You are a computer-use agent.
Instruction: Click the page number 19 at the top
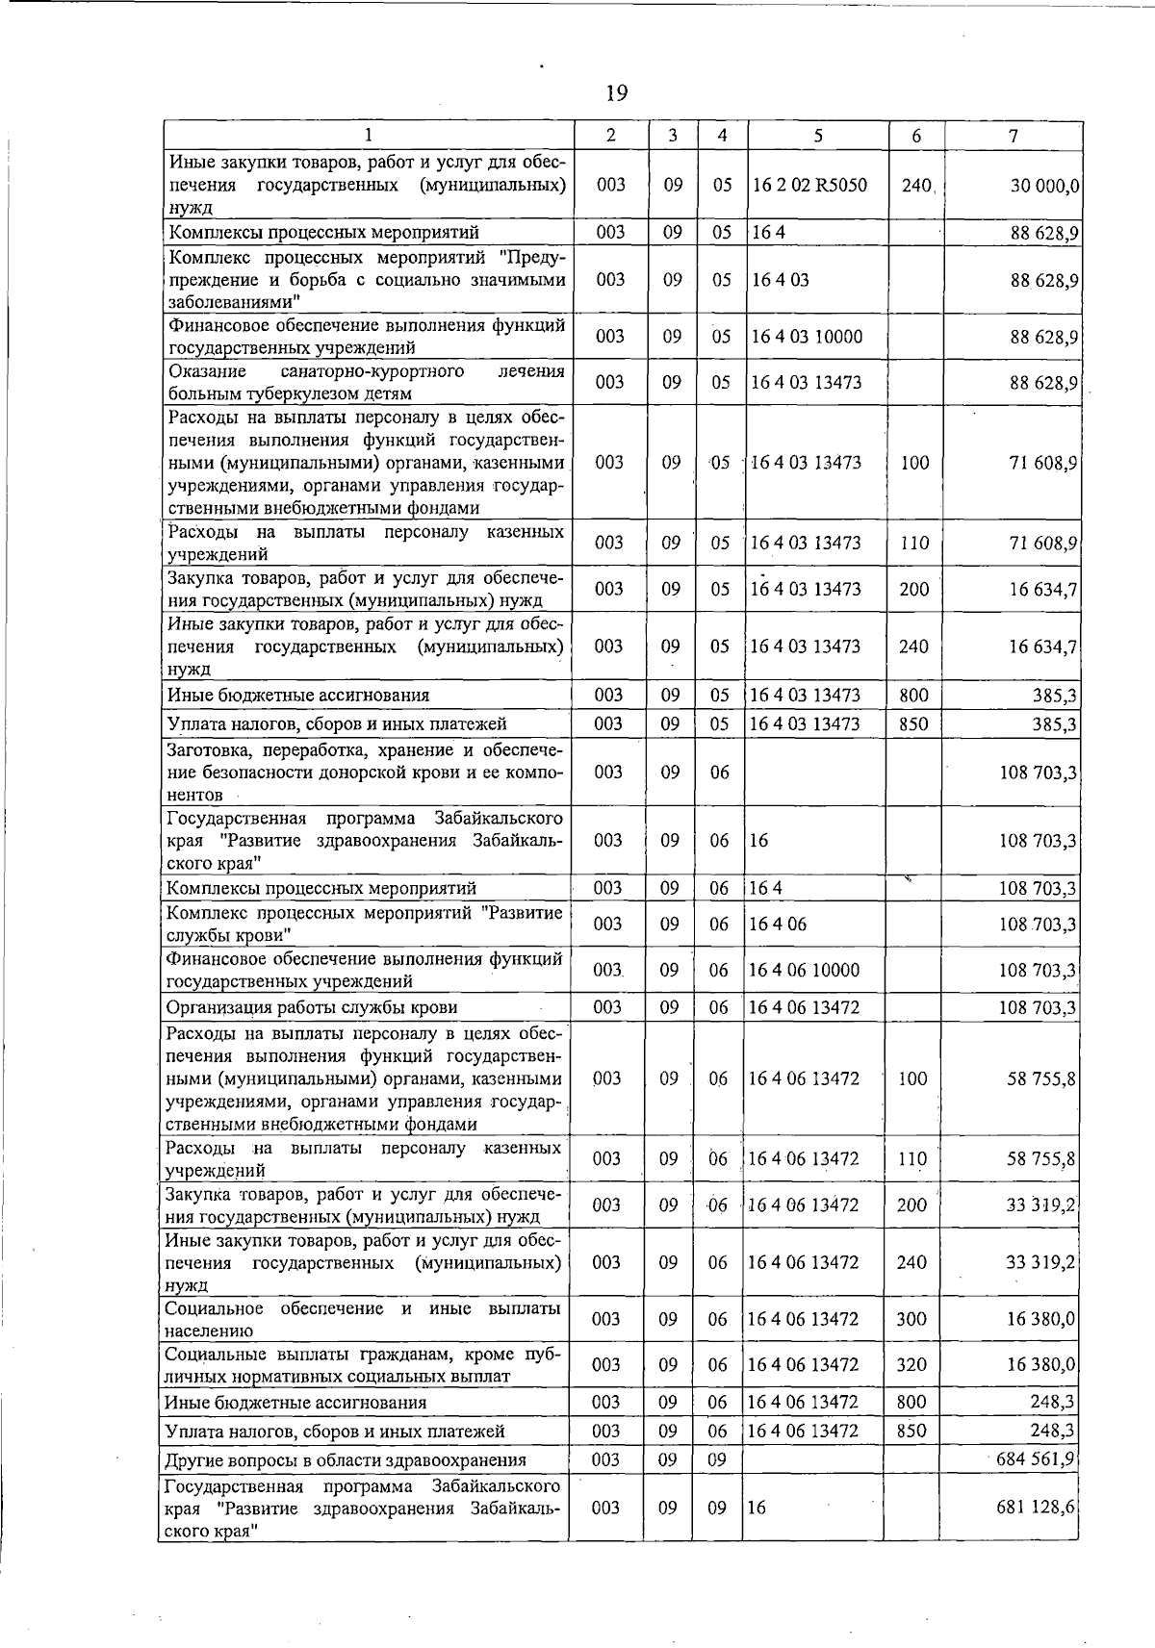point(617,93)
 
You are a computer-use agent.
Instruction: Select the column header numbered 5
point(816,137)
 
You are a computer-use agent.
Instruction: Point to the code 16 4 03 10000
point(806,337)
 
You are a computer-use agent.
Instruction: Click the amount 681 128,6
point(1036,1507)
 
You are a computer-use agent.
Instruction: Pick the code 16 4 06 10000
point(804,971)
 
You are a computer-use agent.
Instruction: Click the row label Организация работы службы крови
point(311,1008)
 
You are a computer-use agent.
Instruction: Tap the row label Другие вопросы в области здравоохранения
point(346,1460)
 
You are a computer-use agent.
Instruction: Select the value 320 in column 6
point(911,1365)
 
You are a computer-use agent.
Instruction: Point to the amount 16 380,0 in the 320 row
point(1041,1365)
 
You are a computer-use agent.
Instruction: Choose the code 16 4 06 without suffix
point(778,925)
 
